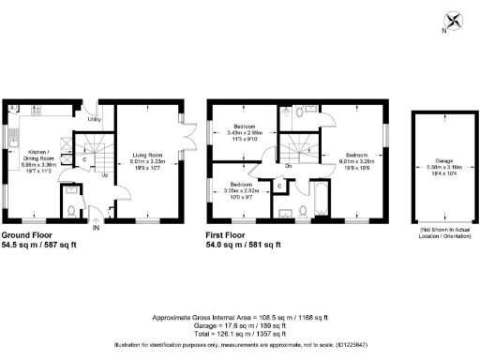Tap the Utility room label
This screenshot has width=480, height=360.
(95, 120)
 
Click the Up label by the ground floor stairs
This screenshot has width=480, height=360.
(104, 174)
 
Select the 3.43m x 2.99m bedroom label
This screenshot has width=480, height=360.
(245, 132)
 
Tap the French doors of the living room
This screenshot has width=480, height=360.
(187, 142)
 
